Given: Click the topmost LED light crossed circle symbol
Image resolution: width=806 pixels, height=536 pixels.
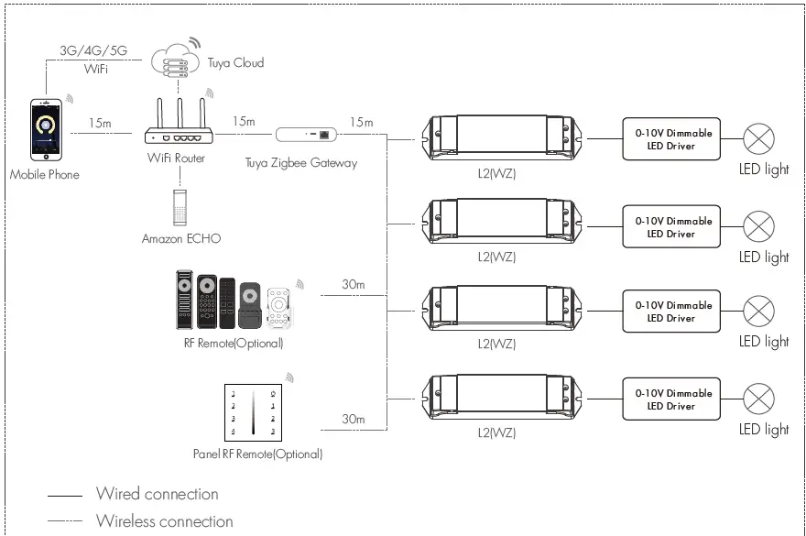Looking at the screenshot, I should [x=757, y=139].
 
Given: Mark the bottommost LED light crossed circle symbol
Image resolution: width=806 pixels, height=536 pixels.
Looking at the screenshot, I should [x=757, y=399].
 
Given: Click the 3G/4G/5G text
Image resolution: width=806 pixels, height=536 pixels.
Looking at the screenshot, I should [x=93, y=51].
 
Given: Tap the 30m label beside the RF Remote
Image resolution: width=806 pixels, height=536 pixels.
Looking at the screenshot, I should [x=353, y=285].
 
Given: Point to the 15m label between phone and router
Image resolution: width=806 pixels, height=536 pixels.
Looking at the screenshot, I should [x=101, y=123].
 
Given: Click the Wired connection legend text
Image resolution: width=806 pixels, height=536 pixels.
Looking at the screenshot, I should [x=157, y=494].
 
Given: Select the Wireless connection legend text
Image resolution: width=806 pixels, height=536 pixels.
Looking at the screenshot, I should [x=164, y=521].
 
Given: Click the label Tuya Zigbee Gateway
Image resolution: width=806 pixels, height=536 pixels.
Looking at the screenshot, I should [x=300, y=163].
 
